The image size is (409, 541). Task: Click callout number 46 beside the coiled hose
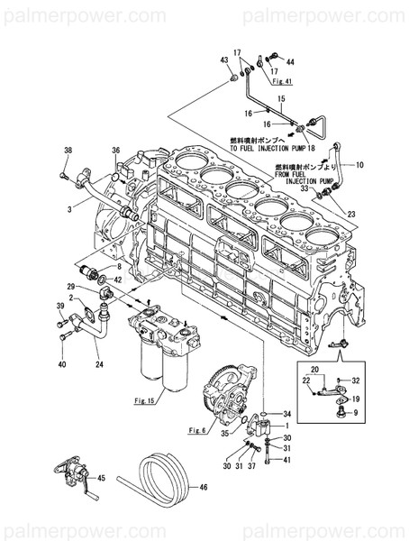click(x=205, y=488)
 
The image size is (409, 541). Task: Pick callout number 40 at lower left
click(x=61, y=363)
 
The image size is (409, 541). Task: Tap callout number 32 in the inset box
click(x=356, y=381)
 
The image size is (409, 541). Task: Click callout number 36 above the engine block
click(x=115, y=150)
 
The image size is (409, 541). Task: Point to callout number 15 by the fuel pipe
click(x=280, y=96)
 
